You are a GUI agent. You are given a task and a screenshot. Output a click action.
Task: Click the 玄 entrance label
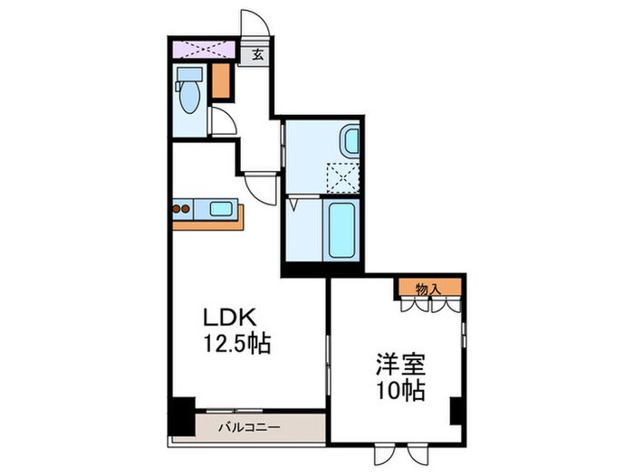[x=256, y=53]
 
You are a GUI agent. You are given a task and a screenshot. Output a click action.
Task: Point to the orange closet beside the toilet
[x=221, y=81]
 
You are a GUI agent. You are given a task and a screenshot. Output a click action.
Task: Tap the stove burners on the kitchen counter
[x=180, y=209]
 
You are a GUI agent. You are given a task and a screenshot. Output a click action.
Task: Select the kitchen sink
[x=221, y=209]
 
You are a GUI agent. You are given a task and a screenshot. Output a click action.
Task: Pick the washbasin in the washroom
[x=350, y=141]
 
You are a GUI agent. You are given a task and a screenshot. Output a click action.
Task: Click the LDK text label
[x=231, y=318]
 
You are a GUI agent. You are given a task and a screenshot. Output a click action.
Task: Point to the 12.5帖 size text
[x=236, y=344]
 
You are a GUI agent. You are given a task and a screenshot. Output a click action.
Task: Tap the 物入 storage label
[x=427, y=289]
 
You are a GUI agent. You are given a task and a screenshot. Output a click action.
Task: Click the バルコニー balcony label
[x=249, y=426]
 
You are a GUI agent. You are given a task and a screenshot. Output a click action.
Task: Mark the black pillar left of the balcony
[x=183, y=415]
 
